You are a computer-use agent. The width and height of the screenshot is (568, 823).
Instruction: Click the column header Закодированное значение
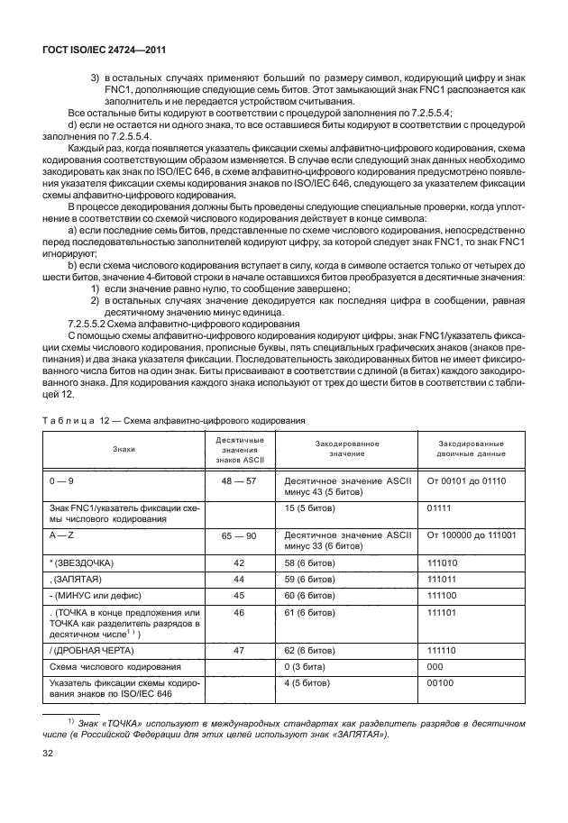(x=346, y=448)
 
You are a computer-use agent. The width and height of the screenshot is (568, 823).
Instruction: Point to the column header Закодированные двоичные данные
(x=471, y=448)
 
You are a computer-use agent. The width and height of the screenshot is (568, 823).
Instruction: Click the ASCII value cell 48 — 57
(x=239, y=481)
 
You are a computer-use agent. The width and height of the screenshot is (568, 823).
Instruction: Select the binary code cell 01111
(x=441, y=508)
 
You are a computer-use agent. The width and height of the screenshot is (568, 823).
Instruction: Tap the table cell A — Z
(x=63, y=535)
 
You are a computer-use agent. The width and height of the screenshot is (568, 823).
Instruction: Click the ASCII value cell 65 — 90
(x=239, y=535)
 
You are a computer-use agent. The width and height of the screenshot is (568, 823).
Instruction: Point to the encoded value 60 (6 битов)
(x=315, y=595)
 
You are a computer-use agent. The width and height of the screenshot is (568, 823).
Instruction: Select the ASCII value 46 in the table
(x=239, y=612)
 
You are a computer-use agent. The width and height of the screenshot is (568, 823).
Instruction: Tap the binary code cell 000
(x=435, y=665)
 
